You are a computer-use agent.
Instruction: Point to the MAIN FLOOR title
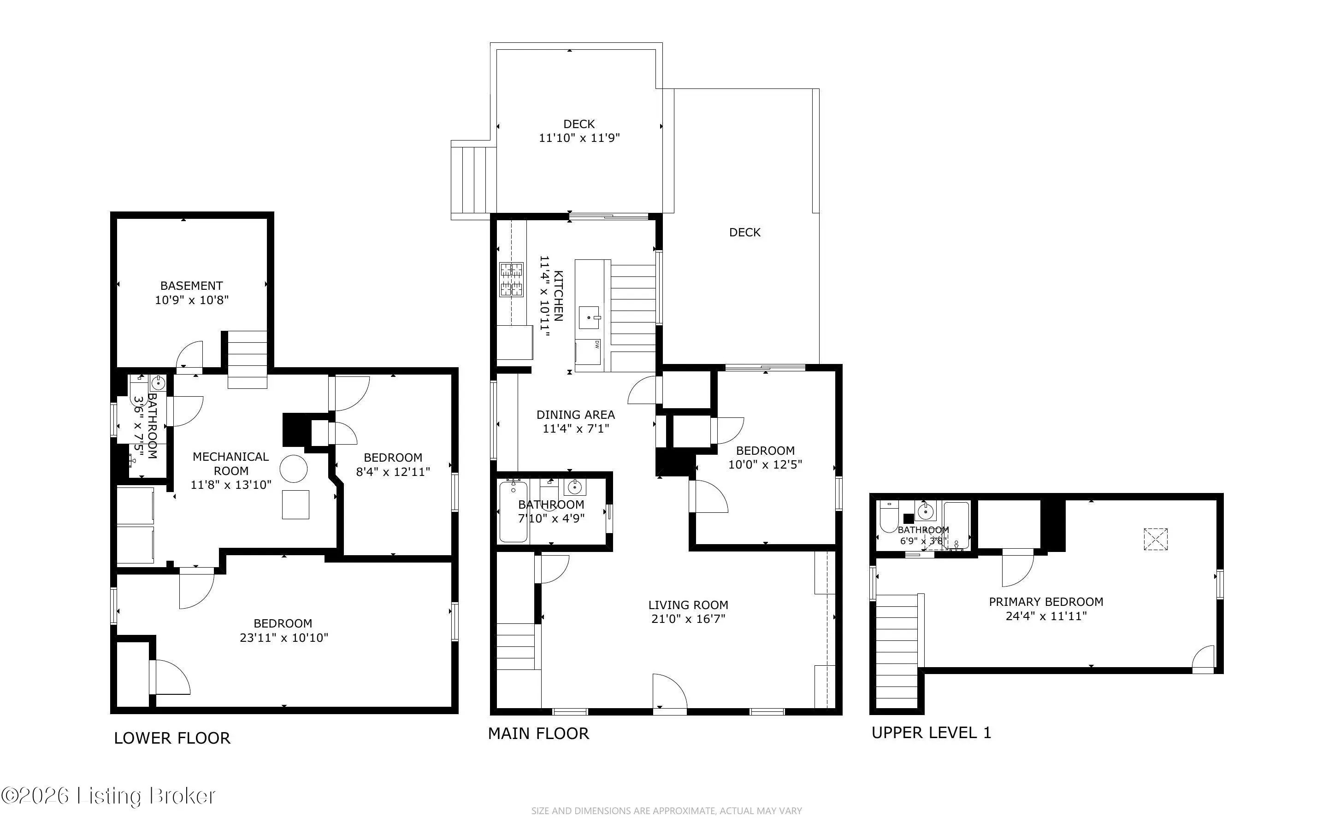click(x=538, y=733)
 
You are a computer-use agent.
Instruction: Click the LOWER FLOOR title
click(x=172, y=738)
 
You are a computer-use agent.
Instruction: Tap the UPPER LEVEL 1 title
click(x=931, y=733)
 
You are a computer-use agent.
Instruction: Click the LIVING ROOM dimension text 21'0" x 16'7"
click(x=688, y=619)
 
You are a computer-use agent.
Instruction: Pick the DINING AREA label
click(x=576, y=415)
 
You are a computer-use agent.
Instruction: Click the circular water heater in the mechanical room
click(x=294, y=469)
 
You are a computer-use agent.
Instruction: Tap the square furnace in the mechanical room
click(x=296, y=504)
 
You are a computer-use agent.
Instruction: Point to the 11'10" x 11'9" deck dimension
click(x=579, y=138)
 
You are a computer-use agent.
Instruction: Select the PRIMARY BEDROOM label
click(x=1046, y=602)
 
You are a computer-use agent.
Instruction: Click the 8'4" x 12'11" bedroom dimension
click(x=393, y=472)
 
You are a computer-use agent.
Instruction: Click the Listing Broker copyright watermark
click(x=108, y=796)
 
